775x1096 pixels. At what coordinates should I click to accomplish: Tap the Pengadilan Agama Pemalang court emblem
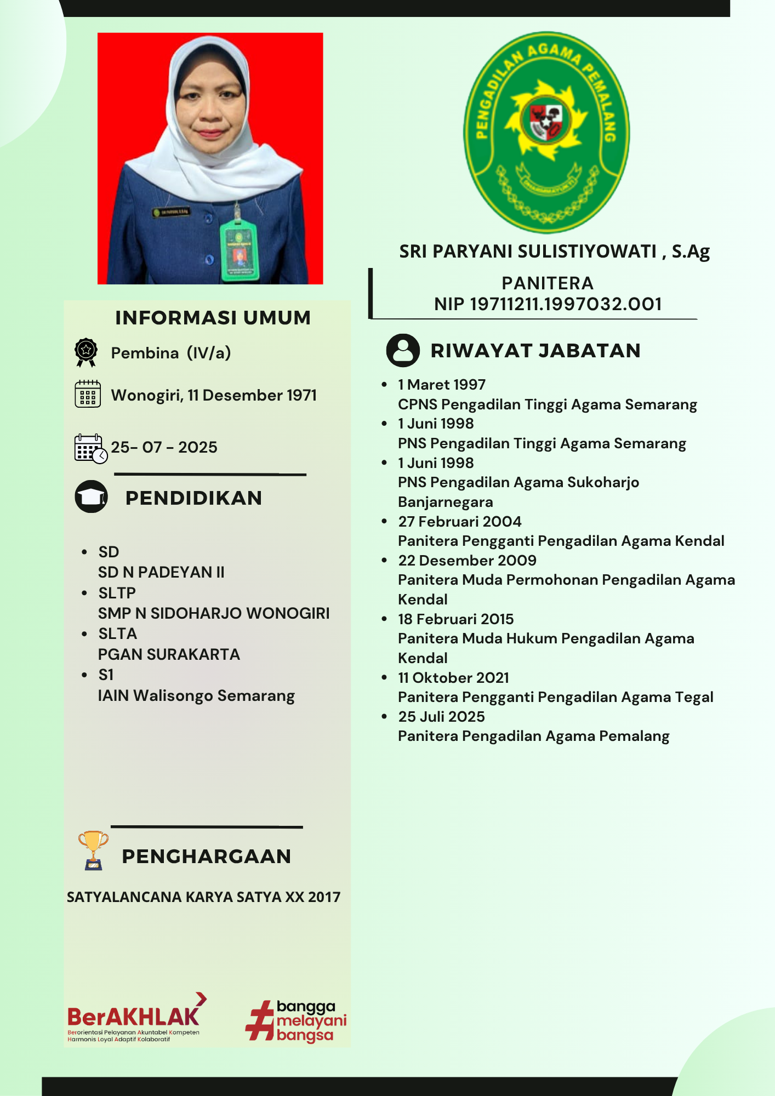pos(546,132)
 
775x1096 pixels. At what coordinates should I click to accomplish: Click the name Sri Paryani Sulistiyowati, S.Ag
pos(554,252)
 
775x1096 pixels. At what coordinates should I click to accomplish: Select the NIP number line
pos(548,304)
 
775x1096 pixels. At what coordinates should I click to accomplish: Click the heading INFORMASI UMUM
pos(213,318)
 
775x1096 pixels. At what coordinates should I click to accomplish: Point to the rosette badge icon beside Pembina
pos(86,352)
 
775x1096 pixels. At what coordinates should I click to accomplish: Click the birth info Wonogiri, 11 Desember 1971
pos(214,395)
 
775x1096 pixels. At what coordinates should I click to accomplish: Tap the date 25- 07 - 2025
pos(164,447)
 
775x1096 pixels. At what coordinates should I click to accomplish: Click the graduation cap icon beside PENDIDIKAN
pos(91,497)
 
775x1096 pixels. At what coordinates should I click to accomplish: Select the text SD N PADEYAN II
pos(161,572)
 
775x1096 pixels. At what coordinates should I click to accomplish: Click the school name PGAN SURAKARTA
pos(169,654)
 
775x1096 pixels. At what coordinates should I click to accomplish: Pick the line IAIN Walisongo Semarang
pos(196,695)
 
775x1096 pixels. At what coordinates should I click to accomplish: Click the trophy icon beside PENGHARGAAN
pos(93,850)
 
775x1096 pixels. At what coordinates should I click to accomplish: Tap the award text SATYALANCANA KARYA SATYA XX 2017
pos(203,897)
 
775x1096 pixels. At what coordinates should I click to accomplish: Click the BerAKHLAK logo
pos(134,1018)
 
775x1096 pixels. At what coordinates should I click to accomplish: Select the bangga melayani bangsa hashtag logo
pos(296,1020)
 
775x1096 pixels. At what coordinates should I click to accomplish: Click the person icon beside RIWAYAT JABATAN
pos(403,350)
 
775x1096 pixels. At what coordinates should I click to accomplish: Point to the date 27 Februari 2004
pos(459,521)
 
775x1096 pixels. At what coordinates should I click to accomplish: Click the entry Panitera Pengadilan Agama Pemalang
pos(533,736)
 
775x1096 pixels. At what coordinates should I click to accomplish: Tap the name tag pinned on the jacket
pos(172,212)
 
